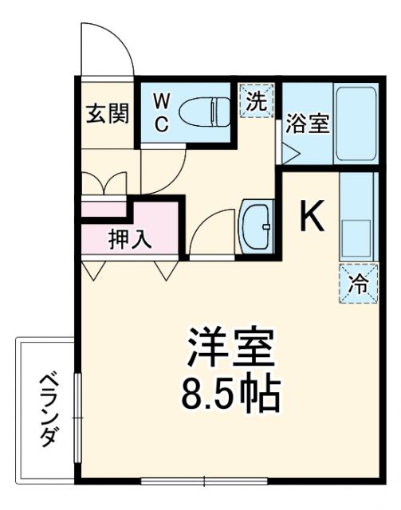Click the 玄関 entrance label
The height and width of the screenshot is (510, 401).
pos(107,113)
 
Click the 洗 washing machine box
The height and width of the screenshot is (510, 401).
pos(258,101)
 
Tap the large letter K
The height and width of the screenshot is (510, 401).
pos(312,215)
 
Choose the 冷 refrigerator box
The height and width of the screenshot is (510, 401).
pos(357,284)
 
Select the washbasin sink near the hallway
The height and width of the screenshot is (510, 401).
pos(257,227)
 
